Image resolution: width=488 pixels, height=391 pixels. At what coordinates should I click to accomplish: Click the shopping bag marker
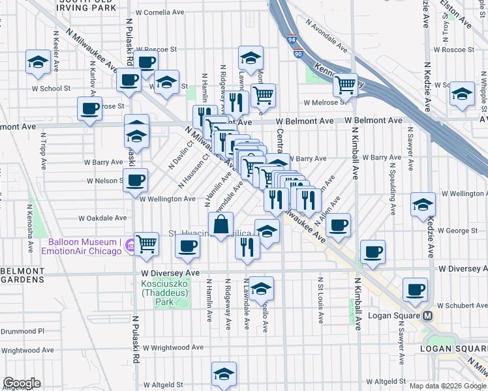point(221,225)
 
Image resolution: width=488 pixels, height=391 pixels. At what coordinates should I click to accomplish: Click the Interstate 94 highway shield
point(292,39)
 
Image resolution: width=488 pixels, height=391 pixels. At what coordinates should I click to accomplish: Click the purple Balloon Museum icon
point(130,246)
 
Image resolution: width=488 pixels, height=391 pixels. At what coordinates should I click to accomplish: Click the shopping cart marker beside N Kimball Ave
point(345,84)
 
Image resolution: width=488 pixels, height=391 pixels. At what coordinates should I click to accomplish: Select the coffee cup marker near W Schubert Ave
point(415,289)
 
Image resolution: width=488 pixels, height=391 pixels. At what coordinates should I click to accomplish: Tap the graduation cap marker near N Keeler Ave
point(38,62)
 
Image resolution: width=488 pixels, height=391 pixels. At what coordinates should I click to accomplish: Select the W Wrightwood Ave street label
point(168,349)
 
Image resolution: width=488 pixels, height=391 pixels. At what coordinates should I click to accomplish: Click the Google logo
point(22,383)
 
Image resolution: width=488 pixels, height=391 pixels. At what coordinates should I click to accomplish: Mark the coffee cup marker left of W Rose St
point(89,108)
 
